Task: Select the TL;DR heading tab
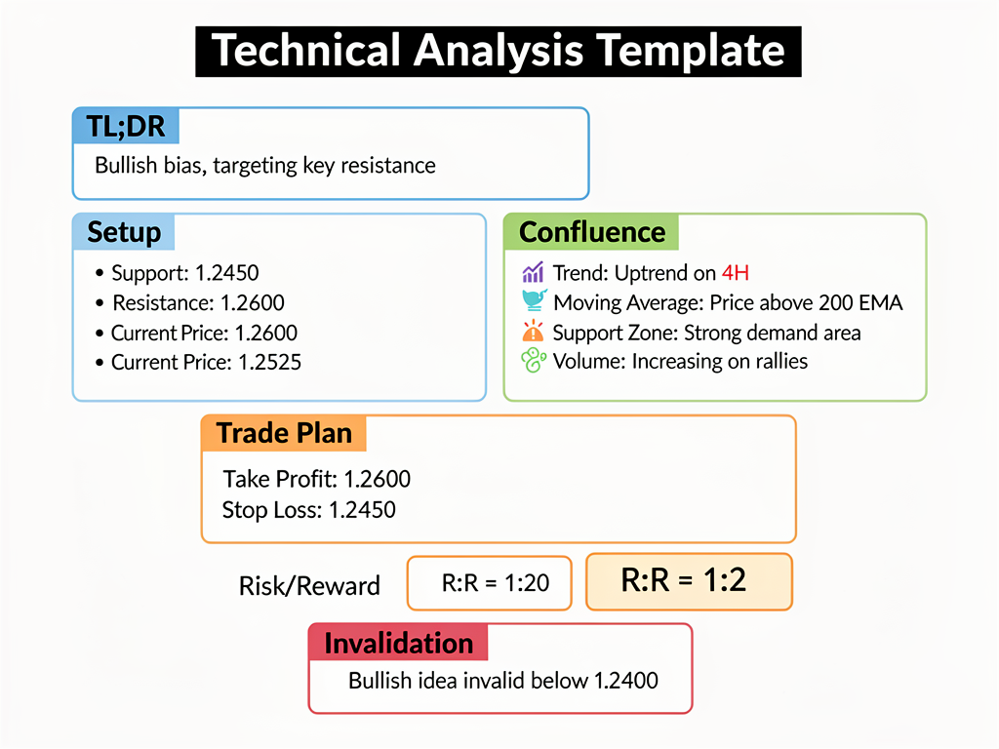click(x=126, y=127)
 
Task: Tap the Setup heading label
click(x=124, y=232)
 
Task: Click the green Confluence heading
click(x=591, y=232)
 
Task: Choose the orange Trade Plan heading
click(x=283, y=433)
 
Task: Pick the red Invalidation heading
click(x=398, y=643)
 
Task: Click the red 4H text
click(x=735, y=273)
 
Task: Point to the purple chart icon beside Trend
click(x=533, y=273)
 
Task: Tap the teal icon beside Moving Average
click(x=534, y=302)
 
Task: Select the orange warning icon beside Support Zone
click(x=533, y=332)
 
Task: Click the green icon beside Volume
click(x=533, y=361)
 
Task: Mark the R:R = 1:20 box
click(x=489, y=583)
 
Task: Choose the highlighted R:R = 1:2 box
click(x=688, y=581)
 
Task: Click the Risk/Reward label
click(x=309, y=586)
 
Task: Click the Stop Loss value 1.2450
click(x=362, y=509)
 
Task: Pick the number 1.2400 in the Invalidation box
click(x=625, y=680)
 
